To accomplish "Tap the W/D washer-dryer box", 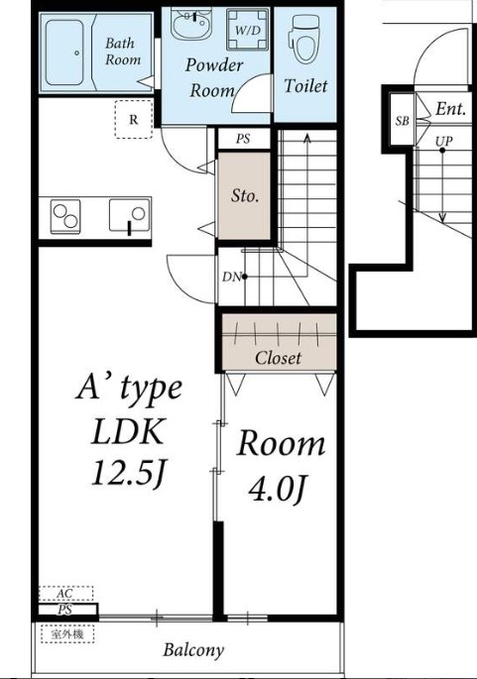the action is (x=247, y=31).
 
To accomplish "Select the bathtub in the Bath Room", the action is (x=64, y=53).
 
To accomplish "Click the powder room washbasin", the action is (x=190, y=24).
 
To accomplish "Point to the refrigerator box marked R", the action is (x=134, y=119).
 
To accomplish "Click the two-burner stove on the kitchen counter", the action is (x=65, y=216).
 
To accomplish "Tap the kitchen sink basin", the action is (x=130, y=215).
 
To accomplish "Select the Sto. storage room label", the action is (x=245, y=196).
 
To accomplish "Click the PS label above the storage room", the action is (x=243, y=139).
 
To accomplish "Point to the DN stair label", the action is (x=231, y=278).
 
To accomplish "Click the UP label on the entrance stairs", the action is (x=443, y=141).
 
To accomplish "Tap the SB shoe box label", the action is (x=402, y=121).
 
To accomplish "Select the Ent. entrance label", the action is (x=450, y=109).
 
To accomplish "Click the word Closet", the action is (x=278, y=358).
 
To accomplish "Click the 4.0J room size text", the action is (x=278, y=490).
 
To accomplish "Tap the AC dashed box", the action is (x=65, y=594).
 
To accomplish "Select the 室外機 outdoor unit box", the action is (x=67, y=634).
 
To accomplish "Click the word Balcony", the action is (x=193, y=650).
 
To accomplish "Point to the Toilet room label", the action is (x=305, y=85).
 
